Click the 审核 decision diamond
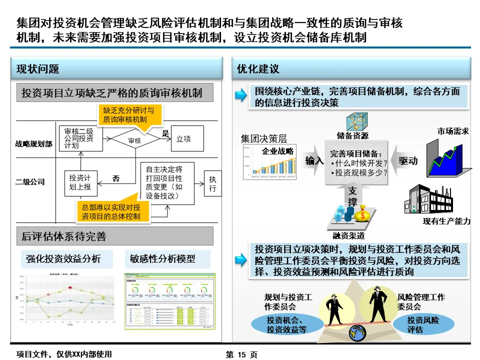(134, 140)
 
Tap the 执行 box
(212, 184)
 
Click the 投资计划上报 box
(80, 183)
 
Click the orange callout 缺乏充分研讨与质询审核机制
(128, 115)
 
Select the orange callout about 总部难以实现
(110, 211)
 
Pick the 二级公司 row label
(30, 181)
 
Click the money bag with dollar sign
(362, 214)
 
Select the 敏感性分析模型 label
(162, 259)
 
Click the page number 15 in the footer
(241, 354)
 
